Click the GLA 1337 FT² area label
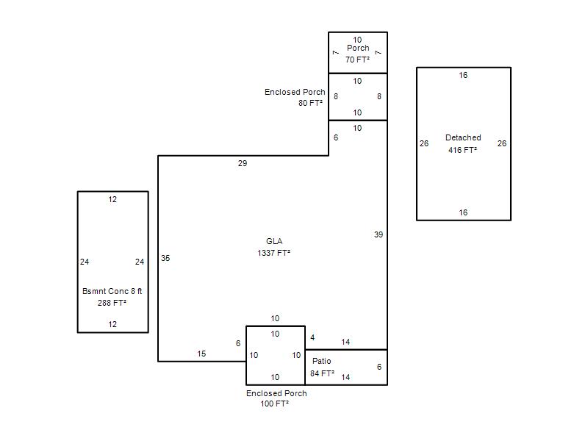point(274,247)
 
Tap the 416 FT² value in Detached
point(463,150)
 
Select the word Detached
point(463,137)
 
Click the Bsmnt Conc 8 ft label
point(112,291)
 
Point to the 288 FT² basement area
point(112,303)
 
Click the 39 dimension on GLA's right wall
point(379,234)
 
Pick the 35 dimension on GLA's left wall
point(165,258)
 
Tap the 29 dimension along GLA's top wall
point(243,163)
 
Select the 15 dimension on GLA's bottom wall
point(201,354)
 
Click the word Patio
point(322,361)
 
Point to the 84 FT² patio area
point(322,373)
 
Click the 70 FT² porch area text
point(357,60)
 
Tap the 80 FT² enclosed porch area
point(310,103)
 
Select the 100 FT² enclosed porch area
point(275,404)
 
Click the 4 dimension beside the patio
point(312,337)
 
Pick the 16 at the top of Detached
point(463,75)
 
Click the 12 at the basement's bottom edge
point(112,324)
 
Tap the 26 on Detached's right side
point(502,143)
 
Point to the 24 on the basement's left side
point(85,262)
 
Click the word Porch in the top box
point(358,48)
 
